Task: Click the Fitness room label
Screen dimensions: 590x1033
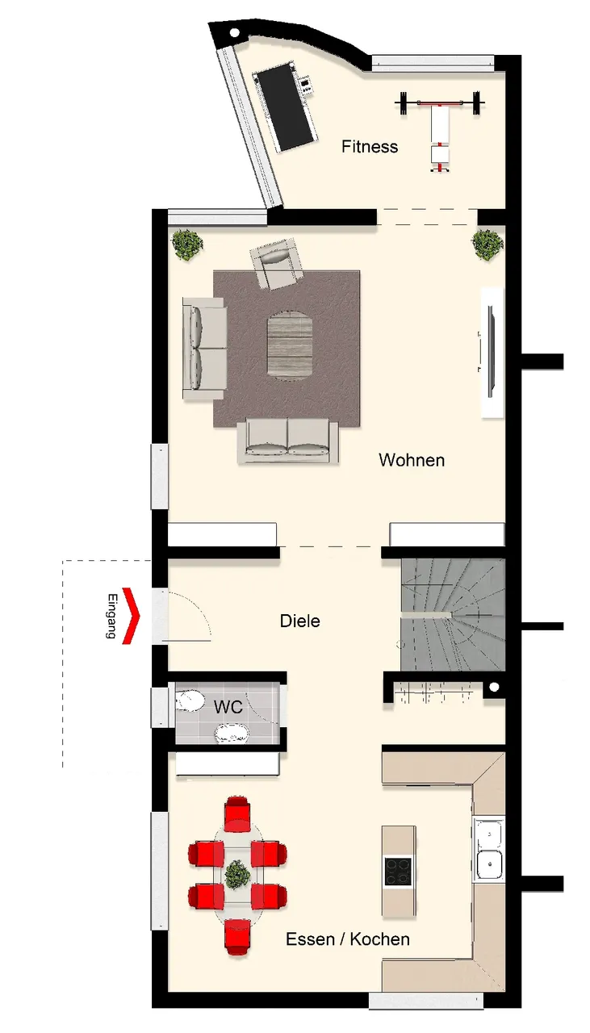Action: pyautogui.click(x=370, y=147)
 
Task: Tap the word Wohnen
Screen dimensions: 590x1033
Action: pyautogui.click(x=412, y=460)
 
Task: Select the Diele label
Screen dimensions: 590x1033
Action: pyautogui.click(x=300, y=621)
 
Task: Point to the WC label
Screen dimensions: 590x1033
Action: pyautogui.click(x=228, y=706)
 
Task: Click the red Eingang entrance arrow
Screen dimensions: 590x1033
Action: pyautogui.click(x=131, y=616)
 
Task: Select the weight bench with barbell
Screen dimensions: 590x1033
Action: pyautogui.click(x=440, y=129)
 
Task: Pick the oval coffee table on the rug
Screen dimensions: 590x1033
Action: pyautogui.click(x=290, y=346)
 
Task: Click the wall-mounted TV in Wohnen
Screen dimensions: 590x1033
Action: pyautogui.click(x=491, y=353)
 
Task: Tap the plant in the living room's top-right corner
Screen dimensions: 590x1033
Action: pyautogui.click(x=487, y=244)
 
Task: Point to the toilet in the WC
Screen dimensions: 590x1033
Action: pyautogui.click(x=190, y=701)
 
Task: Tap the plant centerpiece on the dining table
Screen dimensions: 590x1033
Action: pyautogui.click(x=238, y=875)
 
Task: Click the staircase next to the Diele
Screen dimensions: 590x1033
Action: pyautogui.click(x=453, y=614)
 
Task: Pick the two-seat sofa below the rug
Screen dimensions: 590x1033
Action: pyautogui.click(x=288, y=440)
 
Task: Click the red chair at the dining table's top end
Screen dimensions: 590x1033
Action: pyautogui.click(x=237, y=813)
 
